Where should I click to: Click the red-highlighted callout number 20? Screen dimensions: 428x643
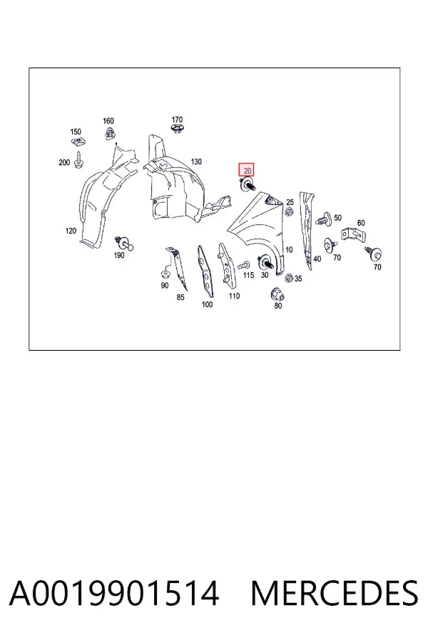coord(247,170)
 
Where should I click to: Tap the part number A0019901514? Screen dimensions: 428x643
coord(114,593)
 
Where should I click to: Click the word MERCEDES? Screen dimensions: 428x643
coord(335,593)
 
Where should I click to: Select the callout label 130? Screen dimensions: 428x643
coord(196,161)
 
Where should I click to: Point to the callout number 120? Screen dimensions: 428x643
coord(71,231)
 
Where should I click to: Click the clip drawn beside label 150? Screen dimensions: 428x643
coord(78,142)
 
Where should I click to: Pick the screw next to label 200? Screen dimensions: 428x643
coord(78,160)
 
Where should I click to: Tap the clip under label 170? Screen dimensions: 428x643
coord(177,129)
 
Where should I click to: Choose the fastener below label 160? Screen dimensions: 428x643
coord(109,134)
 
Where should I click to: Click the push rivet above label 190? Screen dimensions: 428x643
coord(125,243)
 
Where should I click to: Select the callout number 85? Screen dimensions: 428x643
coord(180,297)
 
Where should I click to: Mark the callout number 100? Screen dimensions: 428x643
coord(208,304)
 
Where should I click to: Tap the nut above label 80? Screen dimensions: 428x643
coord(277,294)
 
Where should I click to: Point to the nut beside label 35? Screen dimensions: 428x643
coord(289,278)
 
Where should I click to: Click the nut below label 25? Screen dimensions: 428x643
coord(289,212)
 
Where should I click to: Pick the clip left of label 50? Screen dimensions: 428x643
coord(325,219)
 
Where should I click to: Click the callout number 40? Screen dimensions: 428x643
coord(317,259)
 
